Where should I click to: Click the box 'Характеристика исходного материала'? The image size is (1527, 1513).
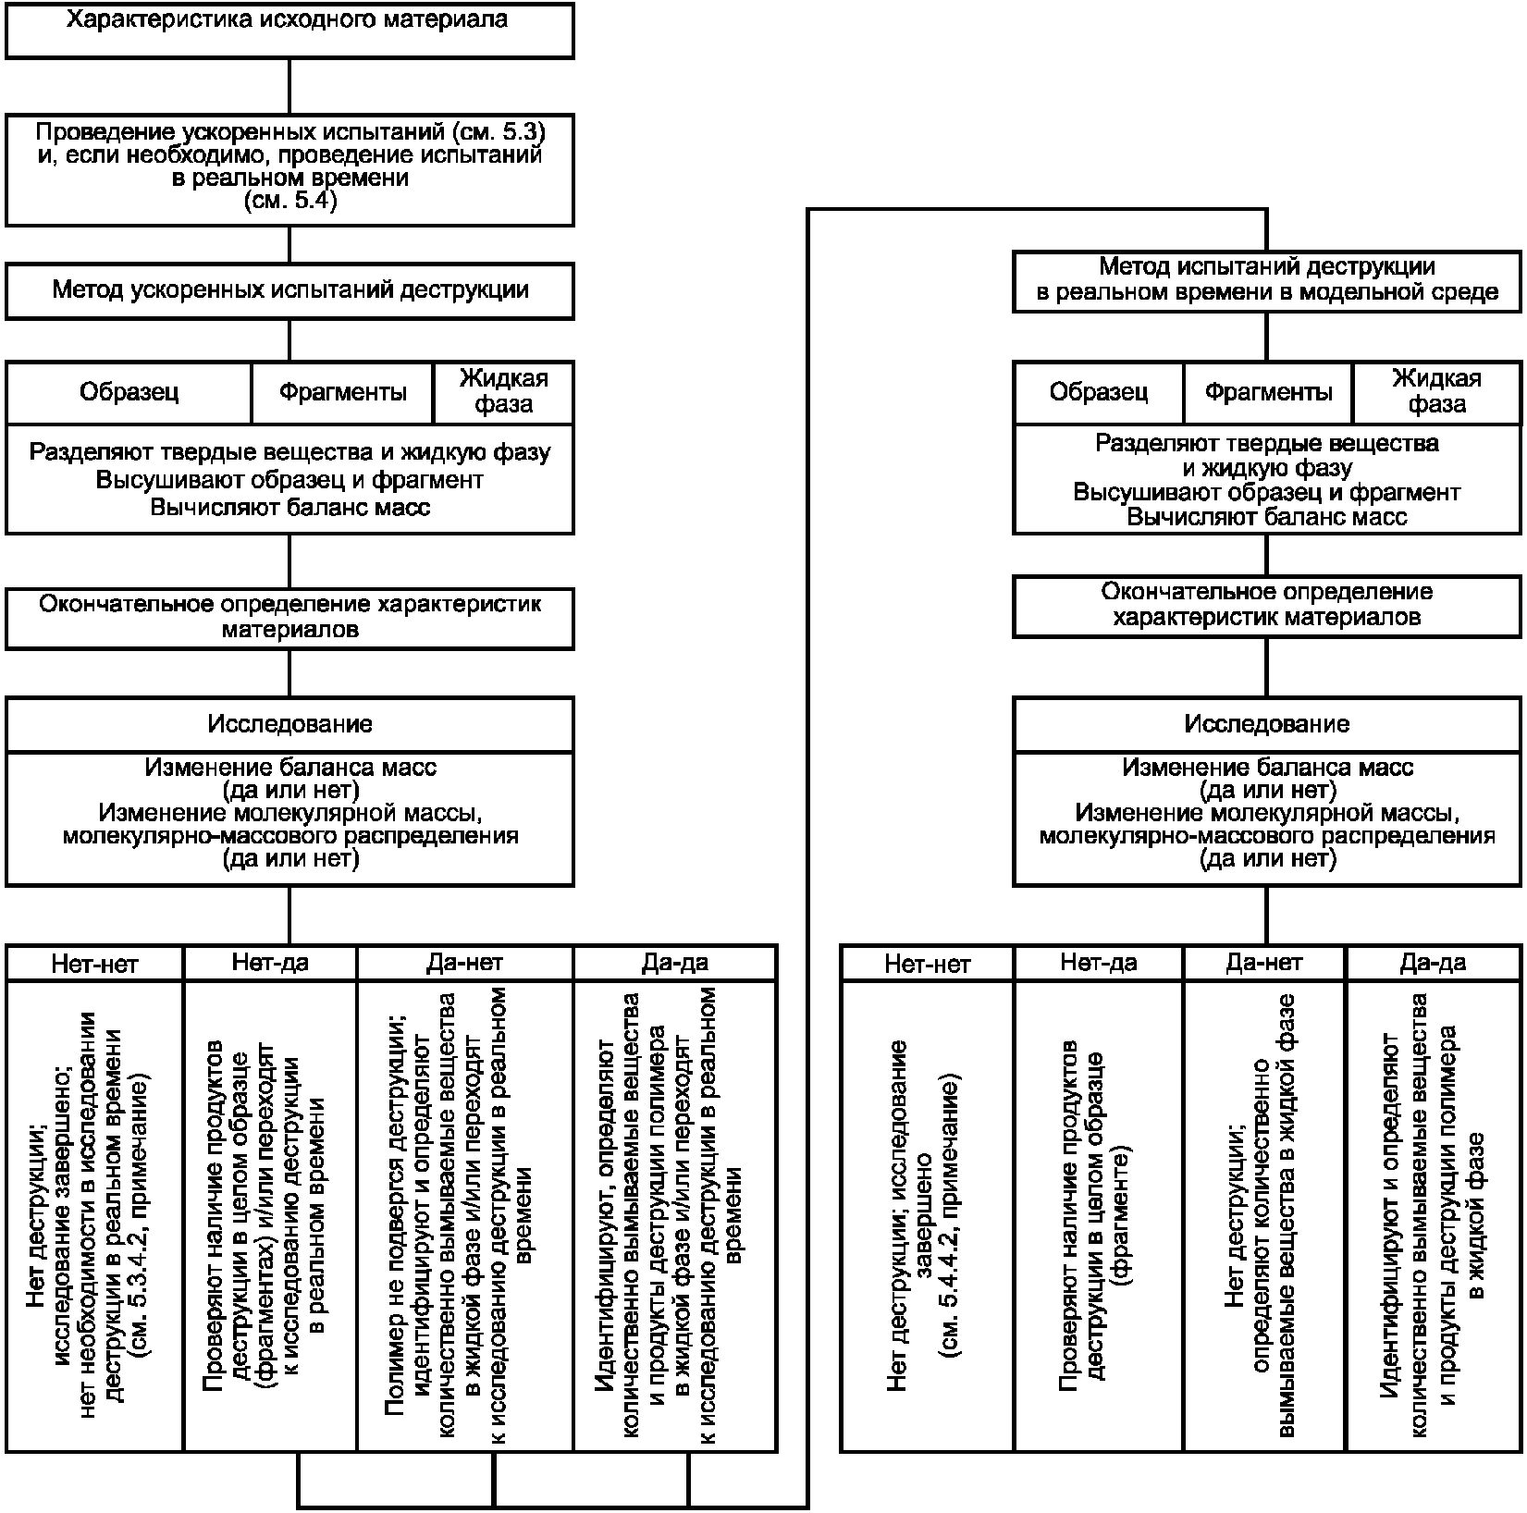pos(289,31)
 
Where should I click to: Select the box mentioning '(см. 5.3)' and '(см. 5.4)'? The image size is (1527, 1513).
pos(289,170)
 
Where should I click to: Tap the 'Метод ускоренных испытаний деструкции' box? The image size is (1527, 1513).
pos(289,291)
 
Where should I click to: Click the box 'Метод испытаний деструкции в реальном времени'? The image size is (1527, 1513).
pos(1267,281)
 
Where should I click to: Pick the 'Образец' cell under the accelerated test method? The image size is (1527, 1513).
pos(129,393)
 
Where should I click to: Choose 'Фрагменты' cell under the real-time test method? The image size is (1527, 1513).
pos(1268,393)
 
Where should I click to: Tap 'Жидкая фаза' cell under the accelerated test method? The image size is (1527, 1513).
pos(503,393)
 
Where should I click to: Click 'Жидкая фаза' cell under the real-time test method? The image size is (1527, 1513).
pos(1436,393)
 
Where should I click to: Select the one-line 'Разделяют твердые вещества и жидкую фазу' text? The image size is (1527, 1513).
pos(289,452)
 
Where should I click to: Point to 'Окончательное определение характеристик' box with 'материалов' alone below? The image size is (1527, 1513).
pos(289,618)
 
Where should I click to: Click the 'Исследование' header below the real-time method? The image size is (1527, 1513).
pos(1267,724)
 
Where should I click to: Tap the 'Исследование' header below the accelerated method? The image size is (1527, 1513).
pos(289,724)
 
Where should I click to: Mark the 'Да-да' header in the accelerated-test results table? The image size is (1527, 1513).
pos(675,963)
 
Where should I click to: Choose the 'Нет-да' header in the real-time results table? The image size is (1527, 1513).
pos(1099,963)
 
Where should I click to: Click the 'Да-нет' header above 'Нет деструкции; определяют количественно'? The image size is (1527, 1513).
pos(1265,963)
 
